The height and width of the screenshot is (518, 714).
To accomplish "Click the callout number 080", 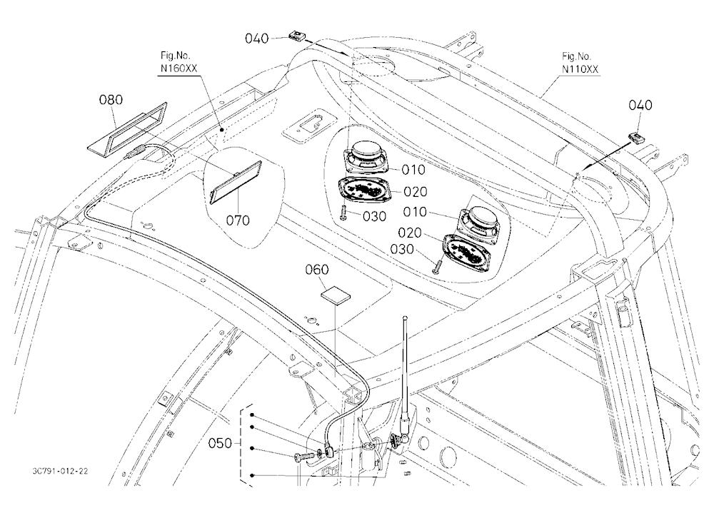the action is [x=111, y=99].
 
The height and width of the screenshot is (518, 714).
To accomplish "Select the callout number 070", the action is [x=238, y=220].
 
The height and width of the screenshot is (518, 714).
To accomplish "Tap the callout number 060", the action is [x=316, y=270].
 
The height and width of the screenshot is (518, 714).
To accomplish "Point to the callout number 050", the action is [x=219, y=443].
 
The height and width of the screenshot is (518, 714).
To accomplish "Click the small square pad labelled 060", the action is [x=336, y=295].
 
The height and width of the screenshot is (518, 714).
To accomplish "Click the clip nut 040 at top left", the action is [x=297, y=35].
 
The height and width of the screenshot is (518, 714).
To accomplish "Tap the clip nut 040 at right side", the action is [x=635, y=138].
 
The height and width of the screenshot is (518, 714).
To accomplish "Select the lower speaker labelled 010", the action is [x=480, y=220].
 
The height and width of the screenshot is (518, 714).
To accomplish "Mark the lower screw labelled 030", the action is [x=437, y=266].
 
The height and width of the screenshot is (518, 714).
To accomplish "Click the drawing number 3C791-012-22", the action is [x=60, y=472].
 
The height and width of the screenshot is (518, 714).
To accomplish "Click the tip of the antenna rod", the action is [x=405, y=317].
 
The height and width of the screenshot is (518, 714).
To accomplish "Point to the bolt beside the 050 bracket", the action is [x=305, y=456].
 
